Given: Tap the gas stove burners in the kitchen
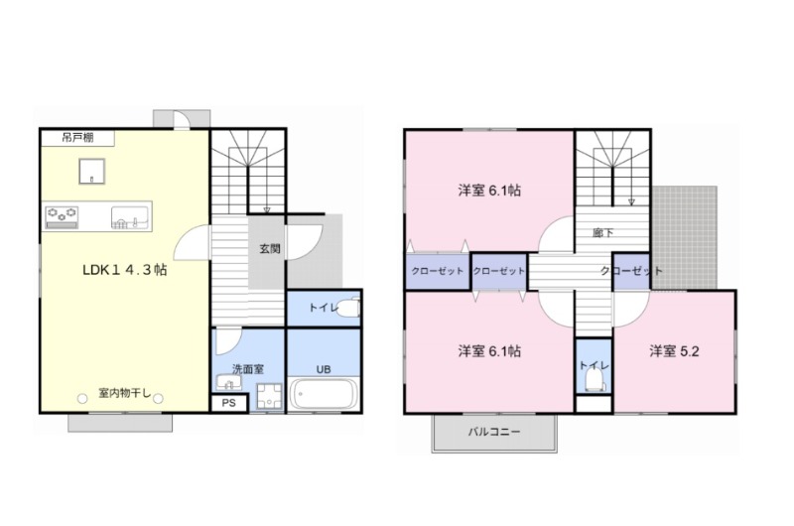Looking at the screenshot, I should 62,213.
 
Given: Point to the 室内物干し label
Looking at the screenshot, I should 124,394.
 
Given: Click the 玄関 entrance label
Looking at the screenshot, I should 269,249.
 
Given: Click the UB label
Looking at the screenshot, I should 324,369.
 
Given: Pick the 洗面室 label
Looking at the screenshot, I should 247,369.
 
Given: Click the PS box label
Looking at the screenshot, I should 228,403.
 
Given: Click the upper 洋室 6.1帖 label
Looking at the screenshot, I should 488,191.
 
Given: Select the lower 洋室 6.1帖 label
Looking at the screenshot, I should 490,351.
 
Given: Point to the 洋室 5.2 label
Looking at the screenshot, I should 674,351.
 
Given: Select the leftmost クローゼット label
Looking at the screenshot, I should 437,271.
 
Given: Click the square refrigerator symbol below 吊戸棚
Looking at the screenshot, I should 92,172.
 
